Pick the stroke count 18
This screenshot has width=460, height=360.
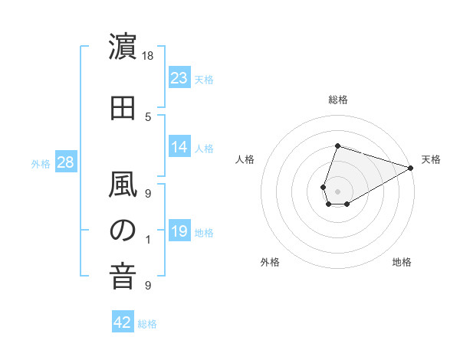pyautogui.click(x=148, y=55)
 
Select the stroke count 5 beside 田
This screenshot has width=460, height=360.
pyautogui.click(x=148, y=116)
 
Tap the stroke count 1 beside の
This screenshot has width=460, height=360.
pyautogui.click(x=148, y=240)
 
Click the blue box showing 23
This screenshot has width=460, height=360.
pyautogui.click(x=179, y=78)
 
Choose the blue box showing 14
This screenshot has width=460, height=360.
pyautogui.click(x=179, y=148)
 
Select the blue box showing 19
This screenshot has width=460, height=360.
pyautogui.click(x=179, y=231)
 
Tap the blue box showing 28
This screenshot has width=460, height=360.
pyautogui.click(x=65, y=162)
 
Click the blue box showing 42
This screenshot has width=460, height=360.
pyautogui.click(x=123, y=323)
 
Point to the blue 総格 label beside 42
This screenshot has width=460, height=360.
pyautogui.click(x=148, y=324)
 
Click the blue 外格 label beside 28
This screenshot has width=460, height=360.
pyautogui.click(x=41, y=163)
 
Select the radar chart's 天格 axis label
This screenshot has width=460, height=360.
pyautogui.click(x=431, y=159)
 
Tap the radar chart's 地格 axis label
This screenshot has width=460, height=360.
pyautogui.click(x=402, y=263)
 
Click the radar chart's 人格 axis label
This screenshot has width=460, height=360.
pyautogui.click(x=245, y=159)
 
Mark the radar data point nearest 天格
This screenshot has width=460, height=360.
pyautogui.click(x=411, y=167)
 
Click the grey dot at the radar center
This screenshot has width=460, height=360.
pyautogui.click(x=337, y=191)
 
